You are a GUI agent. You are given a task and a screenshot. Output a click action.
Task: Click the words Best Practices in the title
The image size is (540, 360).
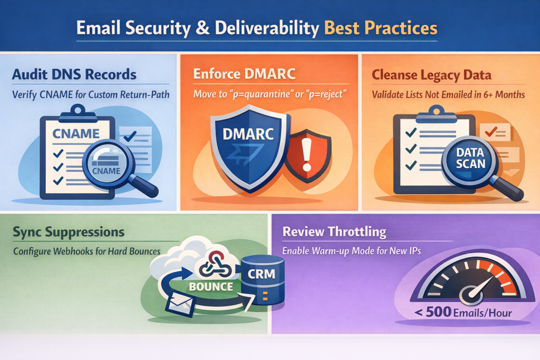coord(381,28)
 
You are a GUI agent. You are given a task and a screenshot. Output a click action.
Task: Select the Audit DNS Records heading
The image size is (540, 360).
coord(74,74)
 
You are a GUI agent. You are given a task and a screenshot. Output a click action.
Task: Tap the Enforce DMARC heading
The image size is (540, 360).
coord(244,74)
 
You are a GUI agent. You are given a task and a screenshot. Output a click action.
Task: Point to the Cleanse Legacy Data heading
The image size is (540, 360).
coord(431,75)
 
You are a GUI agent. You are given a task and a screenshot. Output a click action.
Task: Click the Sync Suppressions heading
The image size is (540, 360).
coord(69,232)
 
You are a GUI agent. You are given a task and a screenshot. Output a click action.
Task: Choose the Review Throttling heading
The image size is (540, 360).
coord(334,231)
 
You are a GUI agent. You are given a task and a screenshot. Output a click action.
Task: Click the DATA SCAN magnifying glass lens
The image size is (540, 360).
coord(470,159)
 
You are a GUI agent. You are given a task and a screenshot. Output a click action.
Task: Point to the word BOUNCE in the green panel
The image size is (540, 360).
coord(211,286)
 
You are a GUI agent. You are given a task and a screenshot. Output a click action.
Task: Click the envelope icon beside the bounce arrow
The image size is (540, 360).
coord(180,303)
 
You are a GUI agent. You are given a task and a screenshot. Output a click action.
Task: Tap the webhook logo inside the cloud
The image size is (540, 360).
coord(216,264)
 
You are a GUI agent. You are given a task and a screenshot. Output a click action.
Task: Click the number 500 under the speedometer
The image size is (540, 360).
coord(438,312)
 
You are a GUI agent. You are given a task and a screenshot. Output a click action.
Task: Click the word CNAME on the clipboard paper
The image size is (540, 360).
coord(76,133)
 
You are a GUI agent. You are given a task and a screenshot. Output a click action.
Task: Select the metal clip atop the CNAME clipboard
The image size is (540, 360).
coord(78,114)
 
